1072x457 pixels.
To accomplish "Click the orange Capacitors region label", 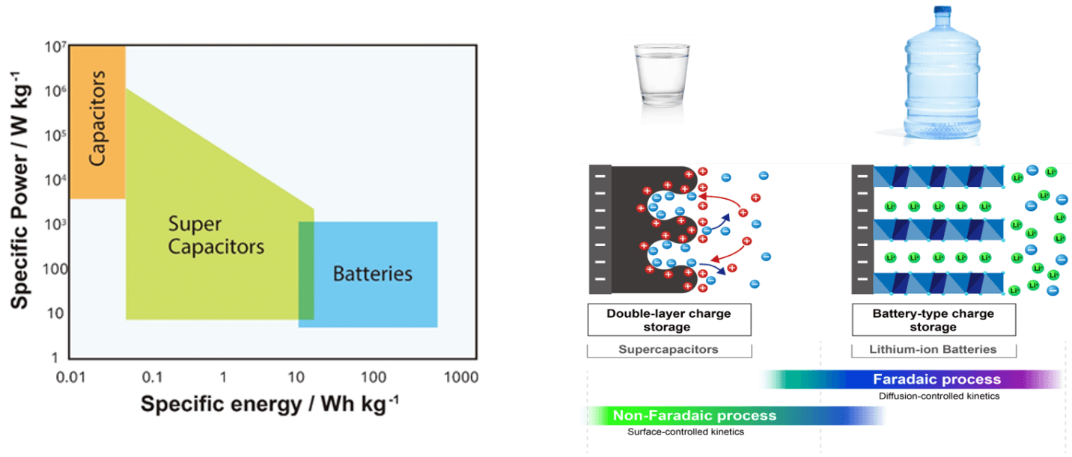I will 97,117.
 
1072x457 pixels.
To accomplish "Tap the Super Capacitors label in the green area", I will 216,235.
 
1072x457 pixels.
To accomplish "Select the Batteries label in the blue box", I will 372,273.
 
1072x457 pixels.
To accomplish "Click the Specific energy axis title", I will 269,404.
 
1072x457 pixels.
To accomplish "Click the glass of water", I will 661,82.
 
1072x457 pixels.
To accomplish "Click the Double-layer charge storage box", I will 669,320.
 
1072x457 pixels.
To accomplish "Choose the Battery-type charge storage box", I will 934,320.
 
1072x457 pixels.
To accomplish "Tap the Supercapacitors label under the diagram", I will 669,349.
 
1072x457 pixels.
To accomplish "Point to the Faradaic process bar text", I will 936,379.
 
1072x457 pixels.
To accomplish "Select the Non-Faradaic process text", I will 695,415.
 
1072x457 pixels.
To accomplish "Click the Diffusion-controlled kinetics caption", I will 939,396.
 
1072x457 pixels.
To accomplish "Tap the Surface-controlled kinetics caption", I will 686,432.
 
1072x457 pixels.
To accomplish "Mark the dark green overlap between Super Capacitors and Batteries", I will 306,271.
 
